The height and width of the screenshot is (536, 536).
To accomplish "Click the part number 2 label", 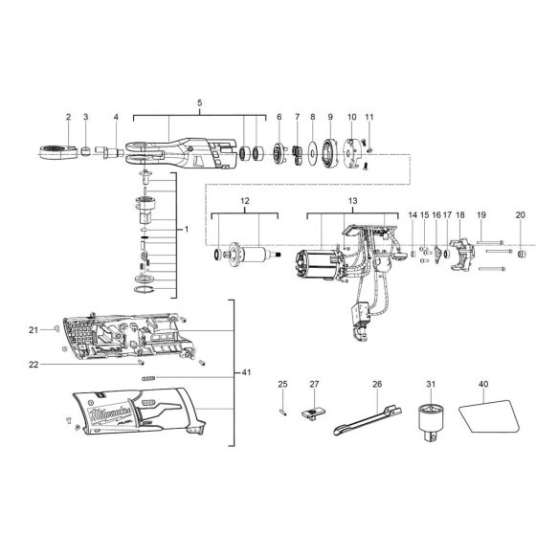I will coord(69,117).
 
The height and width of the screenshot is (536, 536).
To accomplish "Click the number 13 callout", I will coord(352,201).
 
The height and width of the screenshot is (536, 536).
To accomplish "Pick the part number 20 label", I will coord(520,215).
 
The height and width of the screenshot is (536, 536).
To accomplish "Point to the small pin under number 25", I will coord(283,410).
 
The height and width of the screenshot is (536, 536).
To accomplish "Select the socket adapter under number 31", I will coord(431,420).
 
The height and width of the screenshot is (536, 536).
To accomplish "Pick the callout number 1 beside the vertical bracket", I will coord(188,230).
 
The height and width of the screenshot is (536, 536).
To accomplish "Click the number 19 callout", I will coord(481,215).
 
